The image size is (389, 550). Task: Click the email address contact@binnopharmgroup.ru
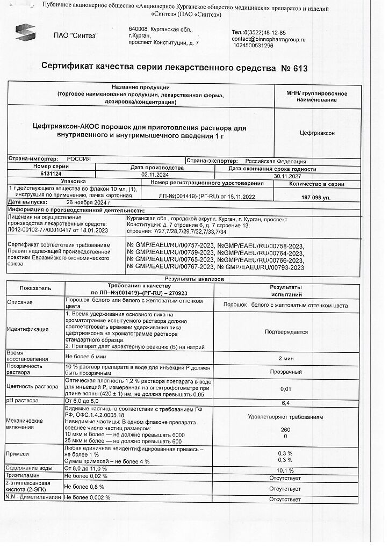(x=268, y=39)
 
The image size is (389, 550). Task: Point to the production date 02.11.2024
(x=155, y=175)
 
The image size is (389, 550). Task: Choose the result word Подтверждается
(x=286, y=331)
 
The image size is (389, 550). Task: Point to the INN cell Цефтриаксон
(x=316, y=132)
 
